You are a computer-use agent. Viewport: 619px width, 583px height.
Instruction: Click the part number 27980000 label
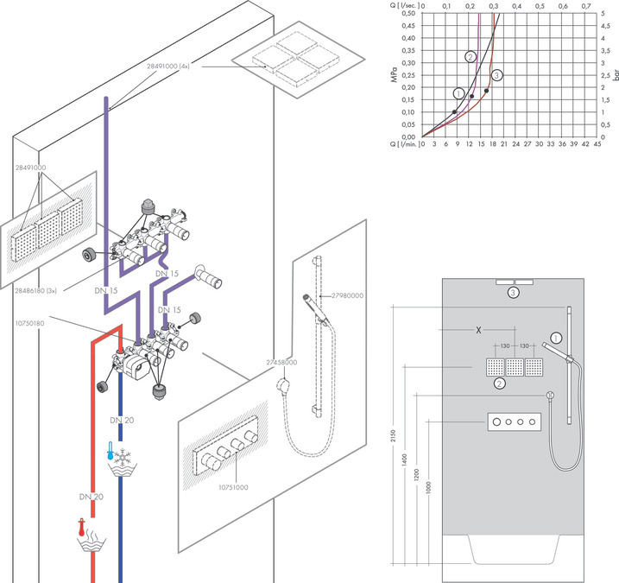point(347,295)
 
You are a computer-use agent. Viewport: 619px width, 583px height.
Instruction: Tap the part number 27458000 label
point(281,362)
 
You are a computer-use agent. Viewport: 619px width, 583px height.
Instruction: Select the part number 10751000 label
point(233,487)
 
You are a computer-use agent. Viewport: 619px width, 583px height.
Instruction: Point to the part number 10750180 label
point(30,323)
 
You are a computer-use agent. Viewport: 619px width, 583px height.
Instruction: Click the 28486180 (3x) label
point(36,291)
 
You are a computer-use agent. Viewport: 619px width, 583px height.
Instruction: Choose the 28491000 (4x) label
point(168,67)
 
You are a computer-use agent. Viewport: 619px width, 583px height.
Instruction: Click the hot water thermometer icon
point(82,528)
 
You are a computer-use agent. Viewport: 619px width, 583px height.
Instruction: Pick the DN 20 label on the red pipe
point(92,497)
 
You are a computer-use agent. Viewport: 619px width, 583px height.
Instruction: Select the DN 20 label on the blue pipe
point(122,421)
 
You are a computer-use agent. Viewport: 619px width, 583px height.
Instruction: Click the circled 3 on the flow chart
point(497,75)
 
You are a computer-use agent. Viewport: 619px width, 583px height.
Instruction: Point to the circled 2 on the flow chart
point(471,57)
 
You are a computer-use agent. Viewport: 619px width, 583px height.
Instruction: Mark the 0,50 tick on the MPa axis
point(408,14)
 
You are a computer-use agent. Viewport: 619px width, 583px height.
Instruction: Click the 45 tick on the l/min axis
point(597,144)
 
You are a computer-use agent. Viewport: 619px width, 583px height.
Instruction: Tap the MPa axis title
point(395,75)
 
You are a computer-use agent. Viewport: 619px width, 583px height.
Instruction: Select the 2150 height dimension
point(393,435)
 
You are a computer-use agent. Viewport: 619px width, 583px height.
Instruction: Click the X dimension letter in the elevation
point(478,330)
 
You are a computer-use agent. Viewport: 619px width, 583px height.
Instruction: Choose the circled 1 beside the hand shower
point(556,338)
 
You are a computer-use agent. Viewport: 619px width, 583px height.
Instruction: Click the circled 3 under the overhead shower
point(513,293)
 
